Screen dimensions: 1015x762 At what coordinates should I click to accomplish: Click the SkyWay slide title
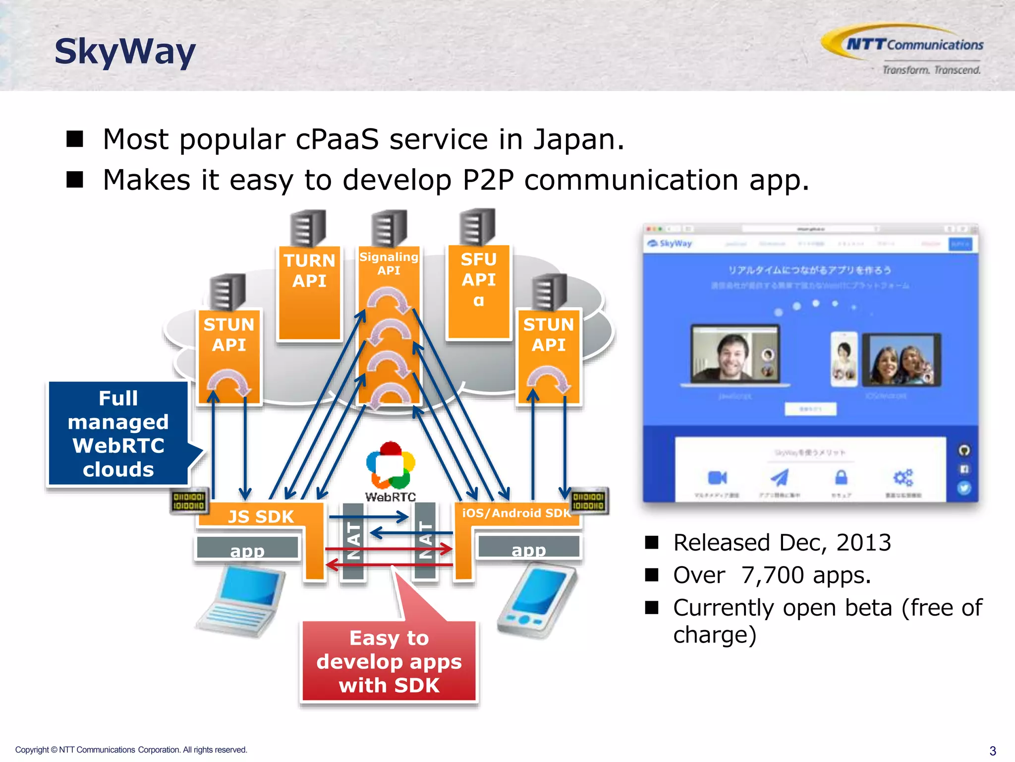[125, 52]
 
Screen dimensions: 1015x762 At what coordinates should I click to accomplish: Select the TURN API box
[309, 293]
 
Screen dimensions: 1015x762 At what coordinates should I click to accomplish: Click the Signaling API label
[389, 263]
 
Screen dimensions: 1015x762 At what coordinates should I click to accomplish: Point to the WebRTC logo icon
[391, 466]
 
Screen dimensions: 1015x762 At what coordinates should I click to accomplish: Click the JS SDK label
[261, 516]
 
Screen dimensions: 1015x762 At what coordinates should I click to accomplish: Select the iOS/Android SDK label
[516, 513]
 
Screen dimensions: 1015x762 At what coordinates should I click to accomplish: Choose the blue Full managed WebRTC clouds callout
[118, 433]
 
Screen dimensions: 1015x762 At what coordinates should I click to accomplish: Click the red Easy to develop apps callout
[389, 661]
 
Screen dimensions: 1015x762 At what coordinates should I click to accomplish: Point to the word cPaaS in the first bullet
[337, 139]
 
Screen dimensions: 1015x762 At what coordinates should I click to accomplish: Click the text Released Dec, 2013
[782, 542]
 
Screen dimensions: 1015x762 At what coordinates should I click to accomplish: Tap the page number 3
[992, 751]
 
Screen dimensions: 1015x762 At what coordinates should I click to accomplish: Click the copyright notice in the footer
[131, 750]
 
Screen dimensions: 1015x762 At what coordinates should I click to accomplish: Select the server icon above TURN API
[308, 228]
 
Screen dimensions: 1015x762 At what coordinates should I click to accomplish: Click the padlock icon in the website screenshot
[841, 477]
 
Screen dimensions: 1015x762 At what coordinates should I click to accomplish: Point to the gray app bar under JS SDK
[247, 548]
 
